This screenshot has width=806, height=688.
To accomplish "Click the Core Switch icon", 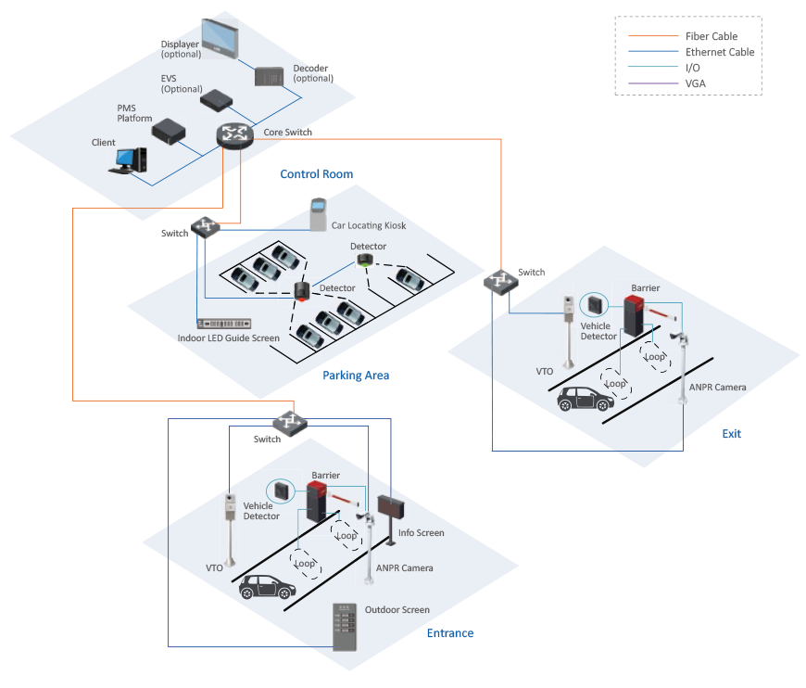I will coord(234,135).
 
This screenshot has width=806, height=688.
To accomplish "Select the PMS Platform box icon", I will coord(170,131).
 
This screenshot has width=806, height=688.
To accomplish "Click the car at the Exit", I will coord(586,398).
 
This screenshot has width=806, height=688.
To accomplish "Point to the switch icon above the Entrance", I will coord(289,422).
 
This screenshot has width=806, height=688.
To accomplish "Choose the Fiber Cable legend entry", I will coord(711,36).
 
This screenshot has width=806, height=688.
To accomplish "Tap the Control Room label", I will coord(316,174).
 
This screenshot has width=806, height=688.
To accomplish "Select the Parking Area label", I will coord(356,376).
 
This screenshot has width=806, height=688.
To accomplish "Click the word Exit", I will coord(731,434).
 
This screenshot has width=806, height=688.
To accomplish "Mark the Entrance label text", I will coord(450,633).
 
